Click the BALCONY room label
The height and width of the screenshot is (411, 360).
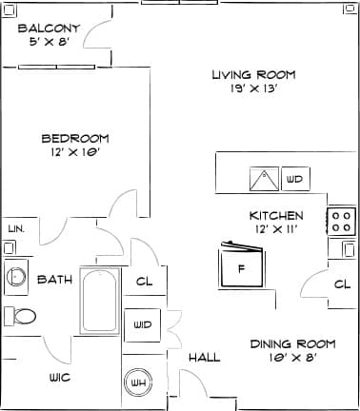(x=48, y=28)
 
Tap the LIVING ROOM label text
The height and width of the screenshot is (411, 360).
(x=253, y=75)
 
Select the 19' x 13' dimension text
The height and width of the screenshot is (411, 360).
(x=253, y=89)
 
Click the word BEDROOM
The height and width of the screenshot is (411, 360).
(x=74, y=138)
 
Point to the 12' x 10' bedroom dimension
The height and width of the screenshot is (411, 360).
(x=74, y=151)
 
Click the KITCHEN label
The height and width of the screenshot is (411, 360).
(x=276, y=215)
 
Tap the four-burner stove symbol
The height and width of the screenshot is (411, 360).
(x=341, y=222)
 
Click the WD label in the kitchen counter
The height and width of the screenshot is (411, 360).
(x=294, y=178)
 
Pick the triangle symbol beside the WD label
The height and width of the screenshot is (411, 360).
(x=264, y=178)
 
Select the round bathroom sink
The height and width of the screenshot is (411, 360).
(x=16, y=277)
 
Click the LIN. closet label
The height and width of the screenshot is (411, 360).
(x=15, y=229)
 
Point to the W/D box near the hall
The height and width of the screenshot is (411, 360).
(x=143, y=324)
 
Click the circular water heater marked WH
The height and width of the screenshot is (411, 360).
(x=139, y=382)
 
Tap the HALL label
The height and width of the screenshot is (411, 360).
(x=204, y=358)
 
